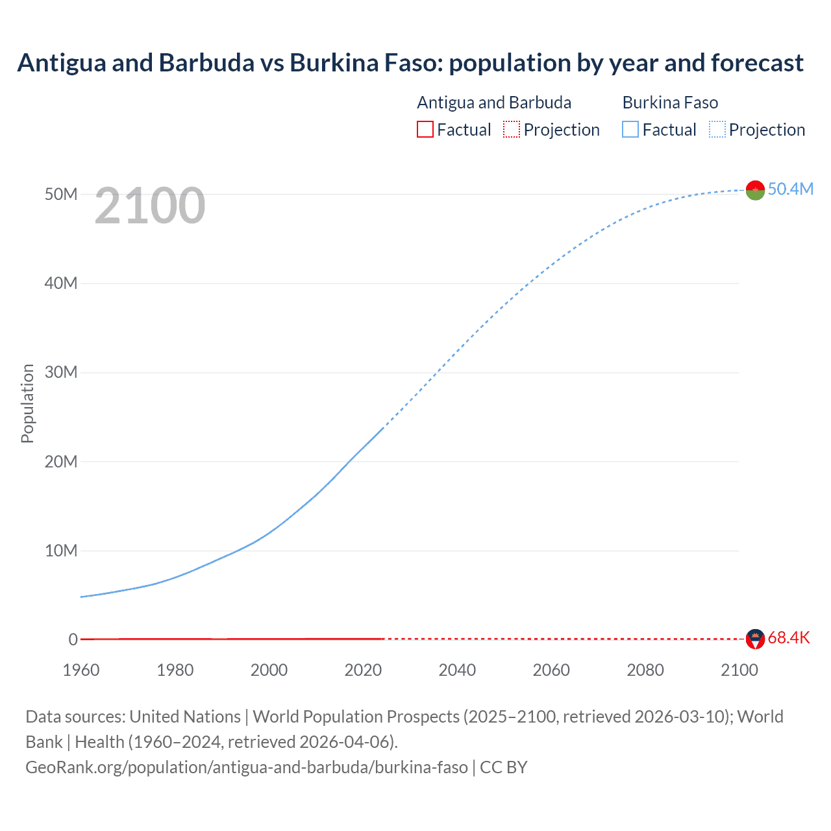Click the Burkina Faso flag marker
coord(755,190)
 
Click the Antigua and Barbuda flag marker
coord(755,639)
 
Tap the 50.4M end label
coord(790,189)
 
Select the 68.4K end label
coord(789,638)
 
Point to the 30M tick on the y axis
coord(61,372)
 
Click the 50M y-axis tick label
coord(61,194)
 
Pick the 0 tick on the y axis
coord(73,639)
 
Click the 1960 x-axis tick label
coord(81,670)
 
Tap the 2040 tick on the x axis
coord(457,670)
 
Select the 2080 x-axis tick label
coord(645,670)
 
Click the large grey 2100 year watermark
coord(150,206)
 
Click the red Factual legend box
coord(425,129)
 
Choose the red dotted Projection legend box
coord(511,129)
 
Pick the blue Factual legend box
coord(630,129)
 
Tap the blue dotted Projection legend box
coord(717,129)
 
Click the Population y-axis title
coord(27,403)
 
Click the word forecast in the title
coord(757,62)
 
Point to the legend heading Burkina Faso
coord(670,103)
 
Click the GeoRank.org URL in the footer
coord(247,767)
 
